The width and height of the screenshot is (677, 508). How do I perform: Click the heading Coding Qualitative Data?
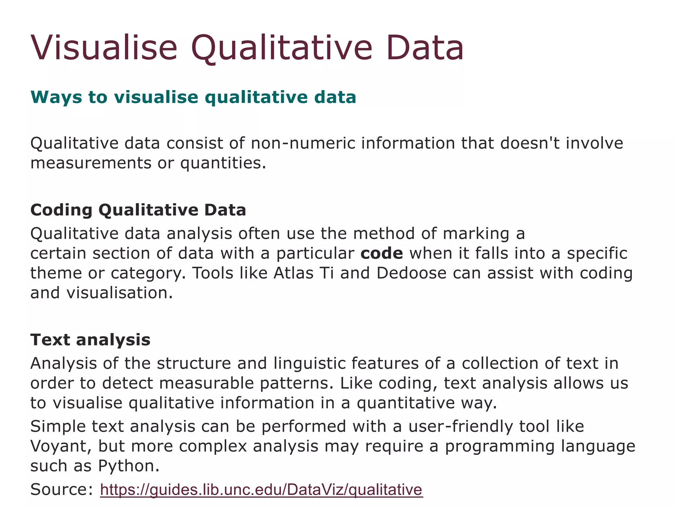click(138, 210)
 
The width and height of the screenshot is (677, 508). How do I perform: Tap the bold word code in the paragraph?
click(381, 254)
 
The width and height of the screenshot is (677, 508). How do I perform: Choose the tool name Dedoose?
click(412, 274)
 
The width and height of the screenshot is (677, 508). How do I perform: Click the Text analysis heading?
click(90, 340)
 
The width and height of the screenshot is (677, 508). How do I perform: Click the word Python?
click(129, 466)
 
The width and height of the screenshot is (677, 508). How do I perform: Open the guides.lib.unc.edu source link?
click(261, 490)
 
